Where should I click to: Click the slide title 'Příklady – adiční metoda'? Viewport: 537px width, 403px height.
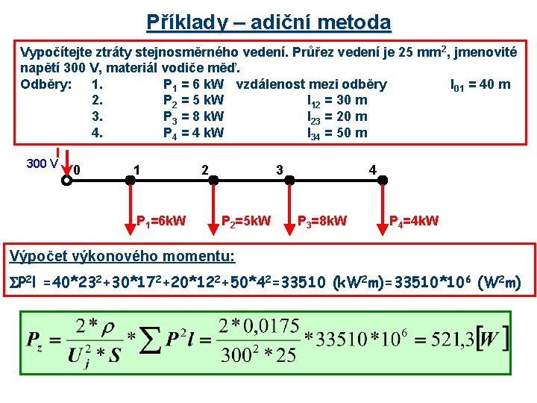268,22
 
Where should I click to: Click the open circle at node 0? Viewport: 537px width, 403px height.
68,179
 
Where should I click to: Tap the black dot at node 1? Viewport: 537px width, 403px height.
135,179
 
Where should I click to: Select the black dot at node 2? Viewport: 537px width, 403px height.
213,179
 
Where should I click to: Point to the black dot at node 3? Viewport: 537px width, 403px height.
290,179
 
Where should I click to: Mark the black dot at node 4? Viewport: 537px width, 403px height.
383,179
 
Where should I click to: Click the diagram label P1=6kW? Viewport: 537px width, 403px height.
161,221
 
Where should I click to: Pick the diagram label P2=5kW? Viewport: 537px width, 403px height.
246,221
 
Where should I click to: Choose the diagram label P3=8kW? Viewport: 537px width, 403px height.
322,221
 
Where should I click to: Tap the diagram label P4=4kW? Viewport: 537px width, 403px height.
414,221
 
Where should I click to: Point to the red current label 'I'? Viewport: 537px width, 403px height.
57,152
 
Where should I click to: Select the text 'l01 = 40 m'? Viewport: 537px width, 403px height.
481,84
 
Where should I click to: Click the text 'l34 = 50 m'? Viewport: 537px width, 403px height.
337,134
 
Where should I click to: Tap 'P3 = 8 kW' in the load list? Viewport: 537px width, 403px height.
193,117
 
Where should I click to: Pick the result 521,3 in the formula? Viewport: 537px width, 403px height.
458,340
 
